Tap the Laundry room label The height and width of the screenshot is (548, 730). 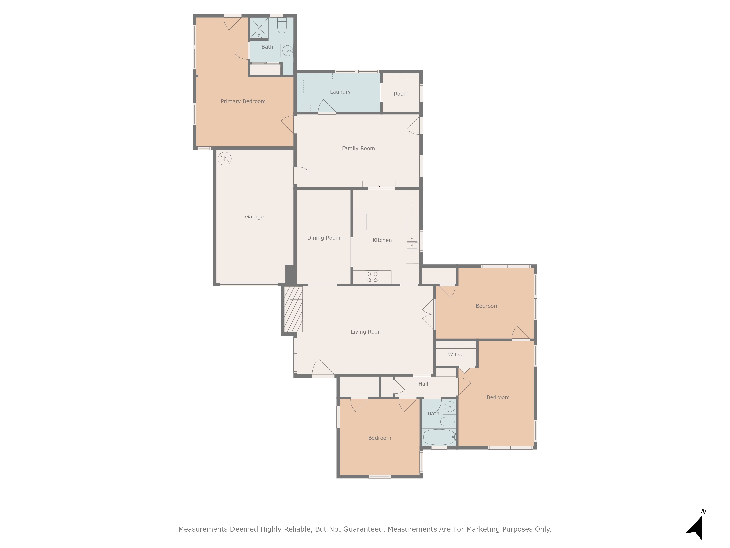point(340,92)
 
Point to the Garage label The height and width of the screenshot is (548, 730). point(254,217)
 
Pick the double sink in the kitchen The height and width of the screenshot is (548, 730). point(412,242)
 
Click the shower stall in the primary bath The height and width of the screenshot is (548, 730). point(259,28)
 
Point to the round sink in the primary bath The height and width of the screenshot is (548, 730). point(287,51)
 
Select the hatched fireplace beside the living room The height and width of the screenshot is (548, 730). point(293,309)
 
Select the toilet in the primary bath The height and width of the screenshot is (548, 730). point(281,26)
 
